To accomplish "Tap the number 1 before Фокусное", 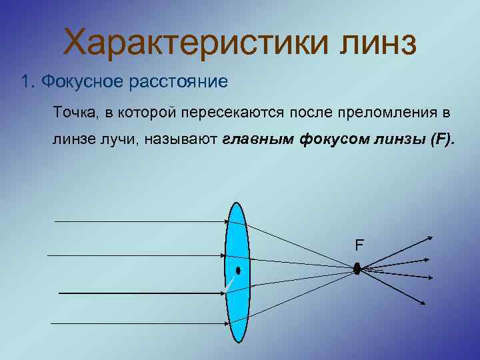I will [x=25, y=82].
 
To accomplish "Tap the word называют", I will [x=185, y=140].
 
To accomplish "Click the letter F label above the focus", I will [x=359, y=245].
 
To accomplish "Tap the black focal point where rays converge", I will [x=357, y=269].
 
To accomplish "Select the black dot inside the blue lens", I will [x=237, y=271].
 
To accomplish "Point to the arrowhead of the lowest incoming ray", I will [x=227, y=323].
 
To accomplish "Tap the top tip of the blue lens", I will [x=237, y=202].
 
